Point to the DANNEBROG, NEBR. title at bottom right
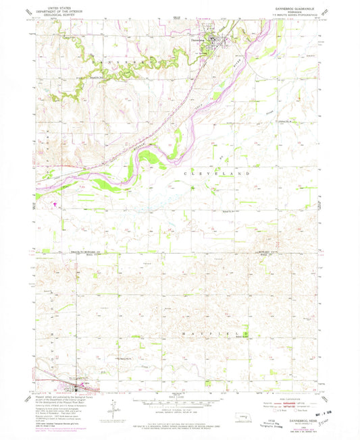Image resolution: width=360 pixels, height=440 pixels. pos(287,423)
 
